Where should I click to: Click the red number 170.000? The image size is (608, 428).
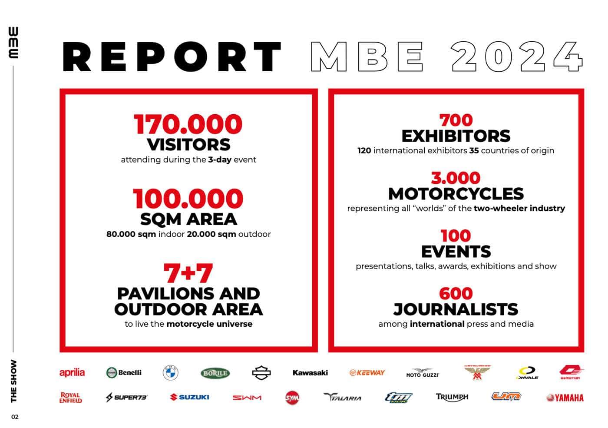point(188,124)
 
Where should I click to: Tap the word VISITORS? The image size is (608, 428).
point(188,144)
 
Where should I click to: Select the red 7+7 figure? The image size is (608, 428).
point(188,273)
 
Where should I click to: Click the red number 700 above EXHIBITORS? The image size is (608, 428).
point(456,120)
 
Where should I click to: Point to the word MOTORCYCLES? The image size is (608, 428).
point(456,193)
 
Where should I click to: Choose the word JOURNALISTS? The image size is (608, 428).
point(456,309)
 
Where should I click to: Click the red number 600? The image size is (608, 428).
point(456,293)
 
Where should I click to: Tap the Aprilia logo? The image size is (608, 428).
point(72,372)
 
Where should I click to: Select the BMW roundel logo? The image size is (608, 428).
point(170,373)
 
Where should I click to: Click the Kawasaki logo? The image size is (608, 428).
point(310,372)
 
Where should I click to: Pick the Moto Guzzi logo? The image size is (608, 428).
point(422,373)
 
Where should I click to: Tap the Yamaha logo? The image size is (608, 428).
point(565,398)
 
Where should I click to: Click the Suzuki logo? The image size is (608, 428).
point(190,397)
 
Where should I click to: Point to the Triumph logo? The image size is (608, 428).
point(452,397)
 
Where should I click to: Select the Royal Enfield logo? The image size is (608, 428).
point(70,398)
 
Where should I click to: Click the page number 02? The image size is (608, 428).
point(15,417)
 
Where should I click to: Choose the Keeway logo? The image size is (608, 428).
point(367,373)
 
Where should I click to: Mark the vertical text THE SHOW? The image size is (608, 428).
point(14,381)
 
